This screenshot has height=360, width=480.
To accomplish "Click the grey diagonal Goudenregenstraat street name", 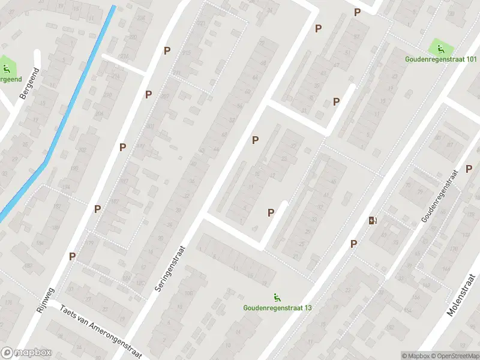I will coord(439,196).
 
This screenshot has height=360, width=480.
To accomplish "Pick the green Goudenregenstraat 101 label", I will coord(441,59).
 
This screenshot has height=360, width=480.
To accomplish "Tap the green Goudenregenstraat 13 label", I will coord(277,308).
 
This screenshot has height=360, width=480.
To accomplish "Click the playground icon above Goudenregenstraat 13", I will coord(277,296).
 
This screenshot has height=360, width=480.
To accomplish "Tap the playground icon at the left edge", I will coord(5,67).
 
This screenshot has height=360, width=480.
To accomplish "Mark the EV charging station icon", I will coord(373,220).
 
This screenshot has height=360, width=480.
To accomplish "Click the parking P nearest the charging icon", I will coord(354,243).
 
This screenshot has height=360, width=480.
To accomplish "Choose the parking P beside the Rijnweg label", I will coord(72,256).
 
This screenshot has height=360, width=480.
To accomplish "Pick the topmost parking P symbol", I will coord(357,12).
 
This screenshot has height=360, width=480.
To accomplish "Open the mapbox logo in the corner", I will coord(26,353).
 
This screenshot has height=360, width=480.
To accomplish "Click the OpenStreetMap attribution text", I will coord(455,356).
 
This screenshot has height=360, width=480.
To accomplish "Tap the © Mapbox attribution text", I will coord(415,356).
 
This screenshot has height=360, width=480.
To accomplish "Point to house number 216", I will coord(125,56).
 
